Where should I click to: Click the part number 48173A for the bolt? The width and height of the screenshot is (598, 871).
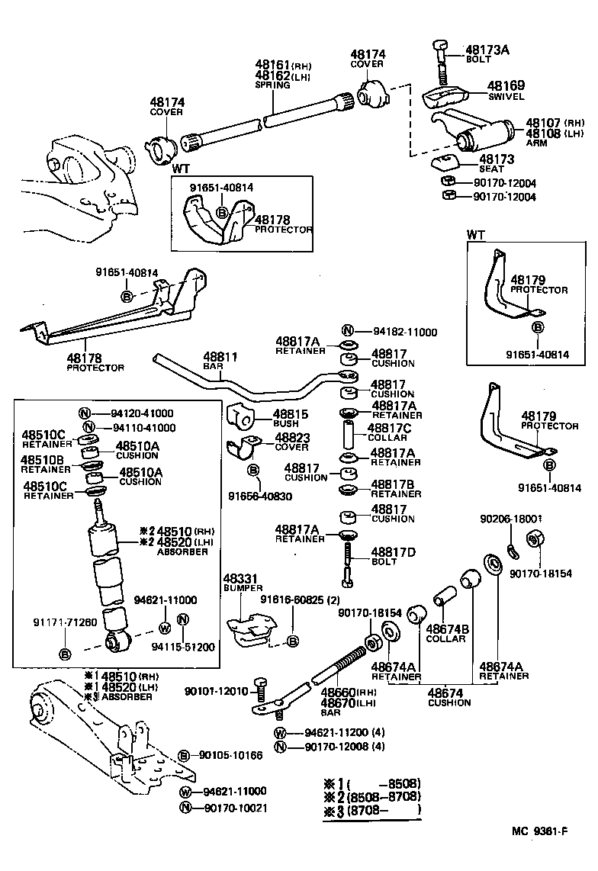(x=487, y=50)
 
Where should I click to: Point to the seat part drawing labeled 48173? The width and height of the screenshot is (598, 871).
(x=445, y=162)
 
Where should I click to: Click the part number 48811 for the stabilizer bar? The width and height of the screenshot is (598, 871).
(x=220, y=356)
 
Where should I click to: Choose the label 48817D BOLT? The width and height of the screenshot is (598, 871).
(x=394, y=551)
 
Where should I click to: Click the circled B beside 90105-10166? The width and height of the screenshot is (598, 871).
(x=184, y=756)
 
